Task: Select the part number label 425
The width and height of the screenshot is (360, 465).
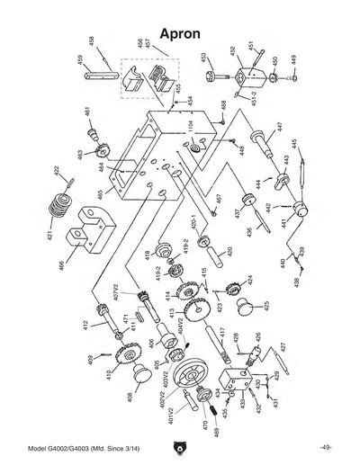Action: click(x=264, y=306)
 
